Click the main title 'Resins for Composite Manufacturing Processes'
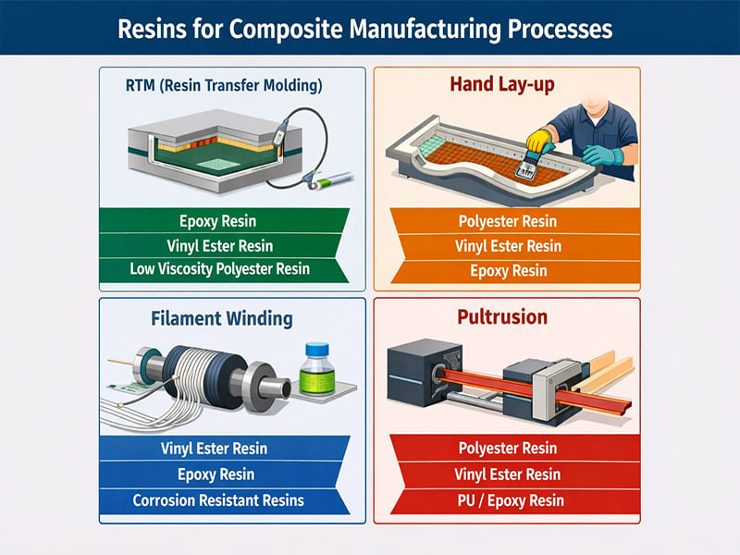point(370,28)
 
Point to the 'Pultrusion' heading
point(502,317)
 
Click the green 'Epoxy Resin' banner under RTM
point(220,221)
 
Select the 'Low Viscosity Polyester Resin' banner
point(220,269)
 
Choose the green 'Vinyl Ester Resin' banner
point(220,245)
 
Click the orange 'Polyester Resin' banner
point(508,222)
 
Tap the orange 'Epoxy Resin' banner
point(508,270)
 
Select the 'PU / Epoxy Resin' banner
point(508,500)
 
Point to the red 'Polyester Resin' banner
point(508,449)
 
